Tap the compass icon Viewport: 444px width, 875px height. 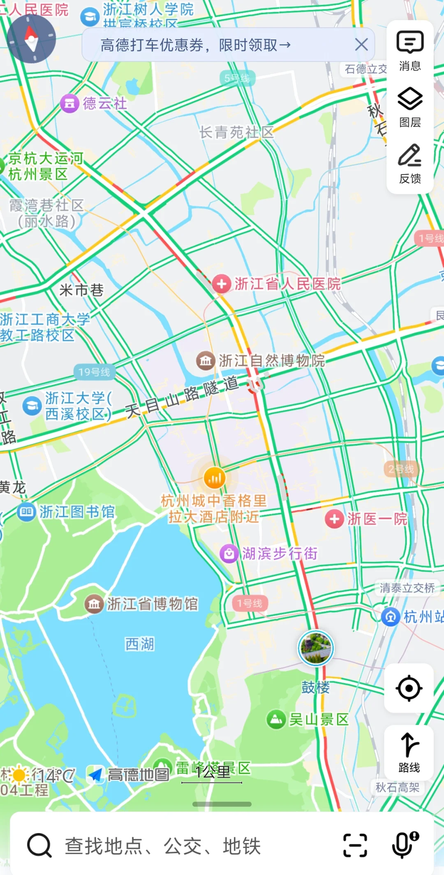point(31,39)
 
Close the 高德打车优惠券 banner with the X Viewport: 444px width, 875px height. point(361,44)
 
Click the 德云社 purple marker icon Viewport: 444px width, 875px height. point(69,104)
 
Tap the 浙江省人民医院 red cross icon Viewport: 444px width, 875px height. point(222,284)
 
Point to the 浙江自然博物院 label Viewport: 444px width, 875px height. point(271,361)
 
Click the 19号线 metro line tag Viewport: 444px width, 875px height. point(94,372)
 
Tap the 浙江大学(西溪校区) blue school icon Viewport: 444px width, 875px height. point(32,406)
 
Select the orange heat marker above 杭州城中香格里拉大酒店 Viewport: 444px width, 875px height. point(215,478)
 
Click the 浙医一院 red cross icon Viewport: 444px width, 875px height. point(334,519)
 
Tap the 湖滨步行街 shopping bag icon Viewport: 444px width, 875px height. point(229,554)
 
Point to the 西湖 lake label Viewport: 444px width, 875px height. point(140,644)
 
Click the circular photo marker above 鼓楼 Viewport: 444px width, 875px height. point(315,648)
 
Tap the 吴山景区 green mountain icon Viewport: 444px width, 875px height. point(276,720)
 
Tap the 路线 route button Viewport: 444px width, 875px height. point(409,752)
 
